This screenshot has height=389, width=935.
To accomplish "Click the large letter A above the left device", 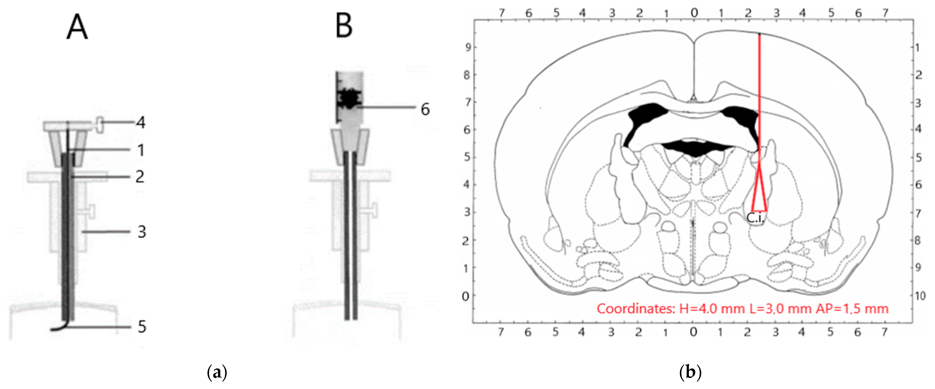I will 77,27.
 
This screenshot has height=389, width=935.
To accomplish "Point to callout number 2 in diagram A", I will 140,177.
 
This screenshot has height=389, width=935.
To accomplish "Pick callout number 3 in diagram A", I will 141,232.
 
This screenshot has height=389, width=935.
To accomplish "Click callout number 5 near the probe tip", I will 142,327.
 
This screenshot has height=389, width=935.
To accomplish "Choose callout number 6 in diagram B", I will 425,109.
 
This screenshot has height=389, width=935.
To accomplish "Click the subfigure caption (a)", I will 217,373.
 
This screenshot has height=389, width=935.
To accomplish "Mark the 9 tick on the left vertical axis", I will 468,47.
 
